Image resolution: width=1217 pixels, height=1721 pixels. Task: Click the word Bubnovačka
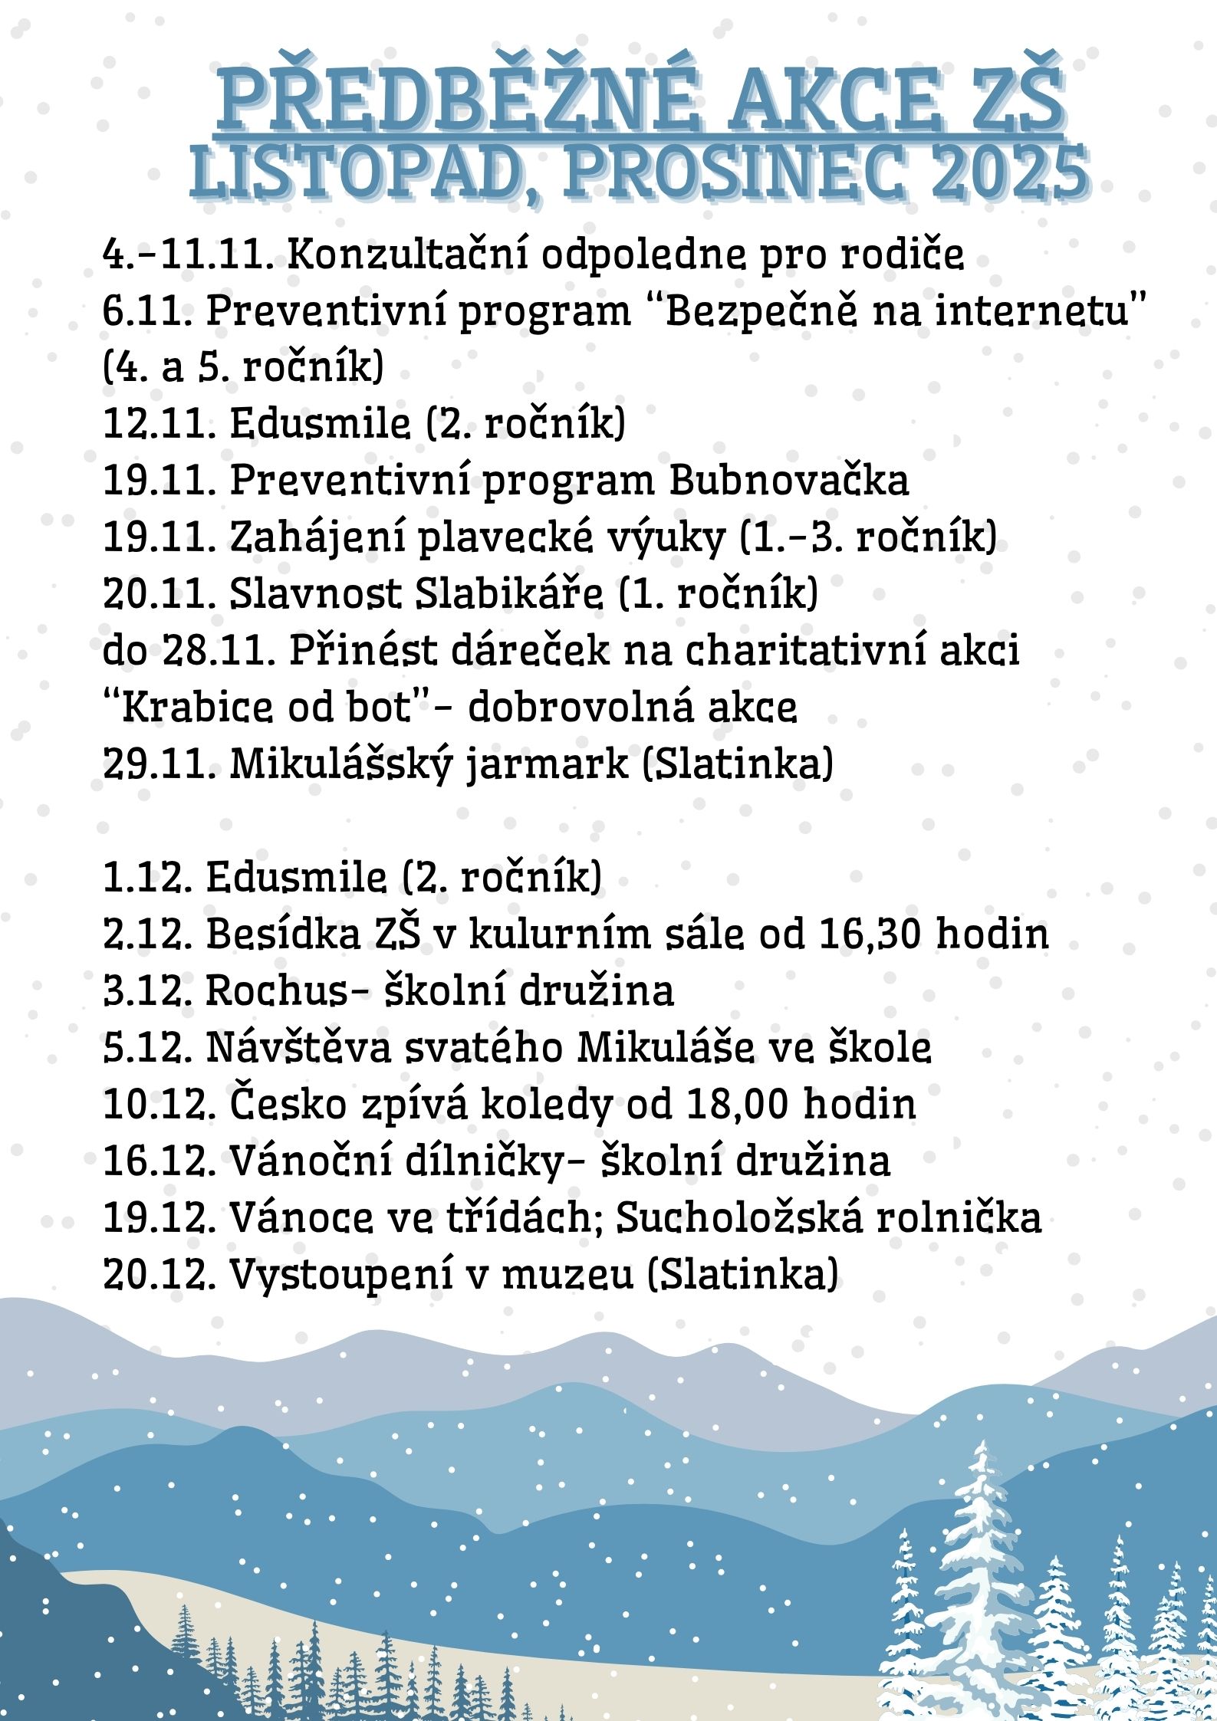click(789, 481)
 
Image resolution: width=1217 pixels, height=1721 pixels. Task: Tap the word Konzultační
click(407, 255)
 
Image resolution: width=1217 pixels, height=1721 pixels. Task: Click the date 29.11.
click(157, 764)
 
